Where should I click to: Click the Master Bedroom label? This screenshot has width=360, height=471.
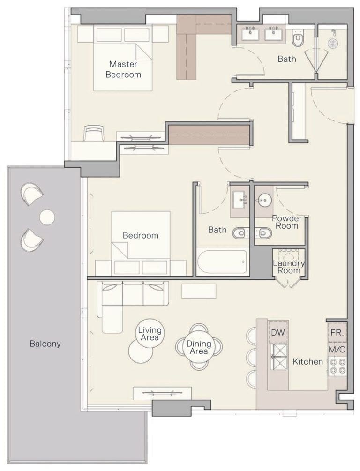pos(123,69)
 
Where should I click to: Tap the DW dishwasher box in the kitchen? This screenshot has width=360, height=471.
pos(278,332)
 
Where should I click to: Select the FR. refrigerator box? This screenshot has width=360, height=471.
pos(337,333)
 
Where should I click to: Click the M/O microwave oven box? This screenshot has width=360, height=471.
pos(337,349)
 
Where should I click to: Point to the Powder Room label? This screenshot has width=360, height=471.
pos(286,222)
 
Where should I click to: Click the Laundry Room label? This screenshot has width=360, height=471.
pos(289,267)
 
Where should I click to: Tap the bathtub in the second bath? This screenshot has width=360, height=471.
pos(222,262)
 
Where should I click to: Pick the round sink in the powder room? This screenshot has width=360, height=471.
pos(264,200)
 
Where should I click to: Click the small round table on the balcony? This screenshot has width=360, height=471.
pos(47,217)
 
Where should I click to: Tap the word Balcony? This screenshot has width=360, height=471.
pos(45,344)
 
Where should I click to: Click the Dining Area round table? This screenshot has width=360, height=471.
pos(199,347)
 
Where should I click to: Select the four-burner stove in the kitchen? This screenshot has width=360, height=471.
pos(337,366)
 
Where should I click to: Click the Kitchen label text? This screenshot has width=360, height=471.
pos(307,361)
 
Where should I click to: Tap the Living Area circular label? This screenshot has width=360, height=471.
pos(149,333)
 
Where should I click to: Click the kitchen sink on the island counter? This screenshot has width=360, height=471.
pos(278,356)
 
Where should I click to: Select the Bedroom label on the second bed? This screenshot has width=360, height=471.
pos(141,235)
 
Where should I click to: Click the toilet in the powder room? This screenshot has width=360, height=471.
pos(265,232)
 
